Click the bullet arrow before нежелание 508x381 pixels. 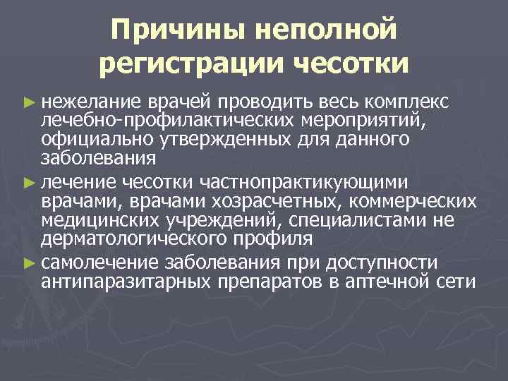click(x=28, y=102)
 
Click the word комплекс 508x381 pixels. click(x=416, y=102)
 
